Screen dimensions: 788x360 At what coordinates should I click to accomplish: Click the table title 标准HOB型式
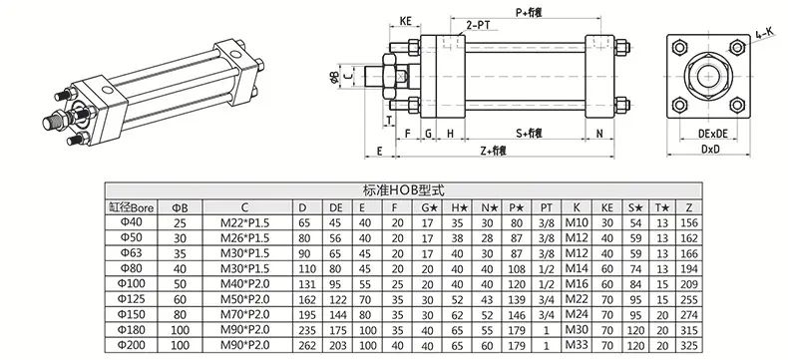click(x=403, y=190)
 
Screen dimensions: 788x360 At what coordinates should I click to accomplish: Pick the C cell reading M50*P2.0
click(x=244, y=300)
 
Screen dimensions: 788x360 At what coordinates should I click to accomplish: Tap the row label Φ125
click(x=132, y=300)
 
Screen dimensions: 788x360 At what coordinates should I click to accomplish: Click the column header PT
click(x=547, y=207)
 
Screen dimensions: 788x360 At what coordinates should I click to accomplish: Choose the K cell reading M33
click(x=577, y=345)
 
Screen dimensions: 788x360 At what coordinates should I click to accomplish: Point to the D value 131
click(x=307, y=284)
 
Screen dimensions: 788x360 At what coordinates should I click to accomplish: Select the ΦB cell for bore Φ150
click(x=180, y=315)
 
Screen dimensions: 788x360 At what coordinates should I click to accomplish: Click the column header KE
click(x=607, y=207)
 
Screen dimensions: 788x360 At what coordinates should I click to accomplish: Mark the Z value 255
click(x=688, y=300)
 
